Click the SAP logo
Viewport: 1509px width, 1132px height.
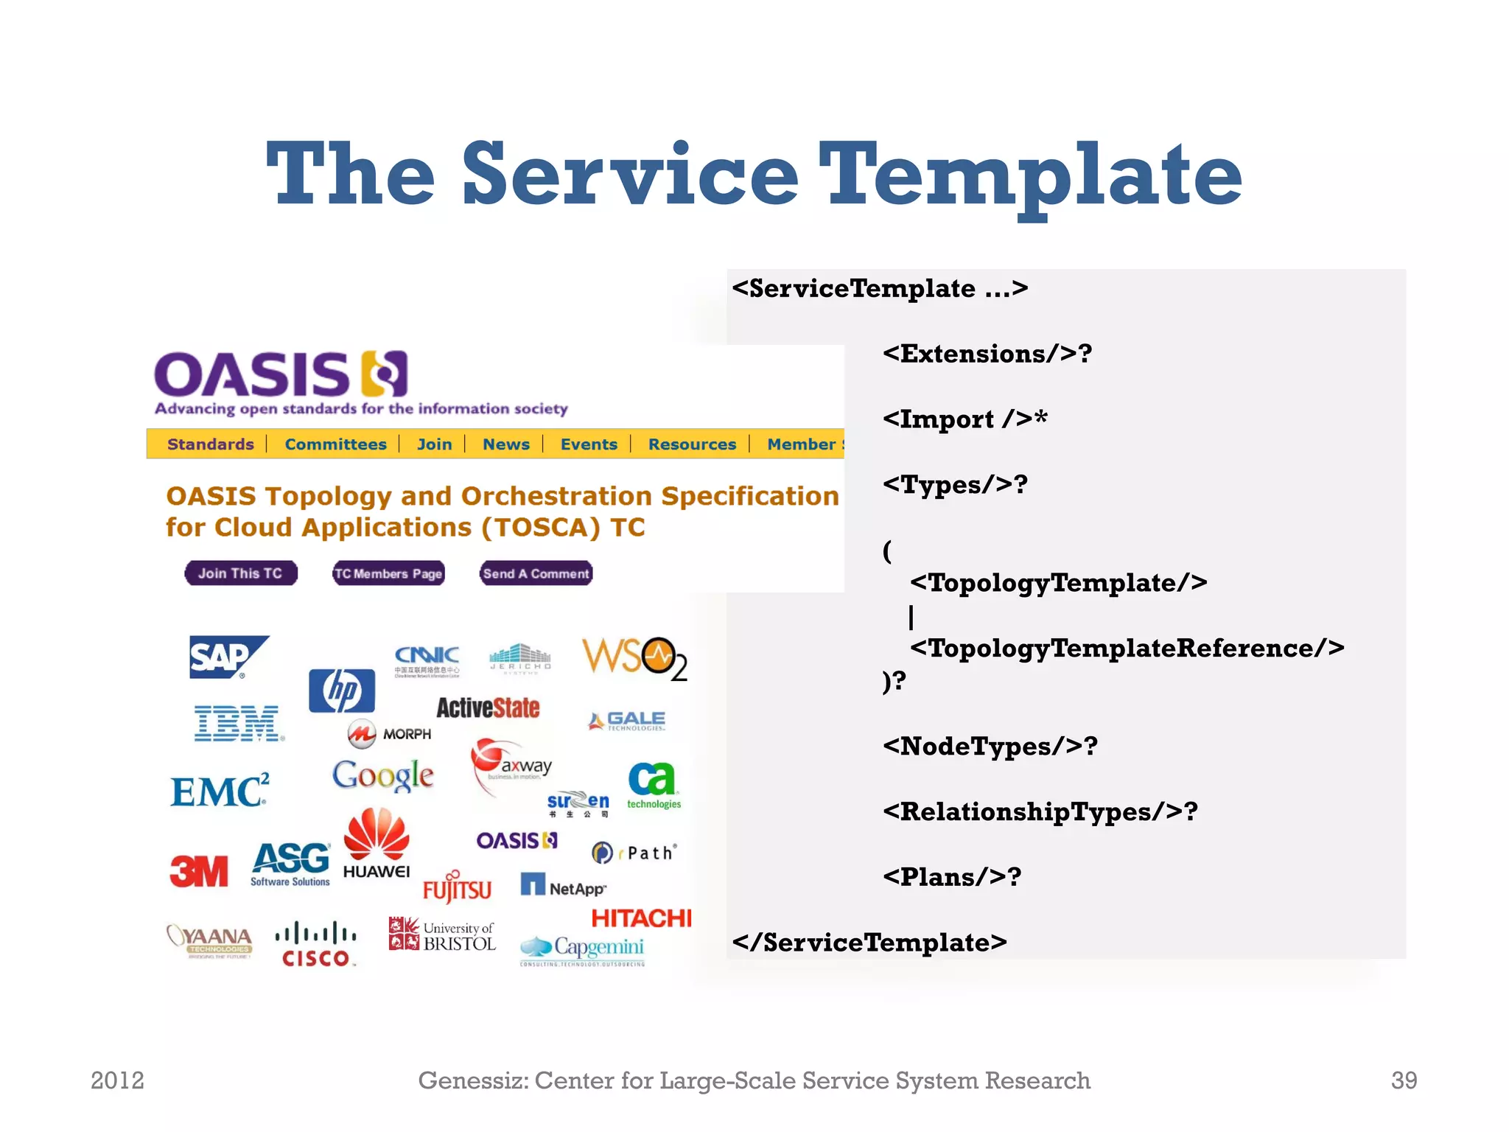click(x=228, y=656)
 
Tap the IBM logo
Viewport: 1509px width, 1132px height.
click(x=237, y=722)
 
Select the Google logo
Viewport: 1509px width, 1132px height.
click(x=382, y=775)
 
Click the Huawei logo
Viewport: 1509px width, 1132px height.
click(x=377, y=843)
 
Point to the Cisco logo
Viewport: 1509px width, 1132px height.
click(x=316, y=944)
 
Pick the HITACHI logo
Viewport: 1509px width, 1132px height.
click(x=641, y=918)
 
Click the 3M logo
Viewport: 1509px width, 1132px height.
click(x=199, y=872)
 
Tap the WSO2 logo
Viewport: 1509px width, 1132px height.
click(x=634, y=658)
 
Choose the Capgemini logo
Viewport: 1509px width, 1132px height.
click(x=582, y=949)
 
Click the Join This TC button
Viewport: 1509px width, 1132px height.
click(x=241, y=573)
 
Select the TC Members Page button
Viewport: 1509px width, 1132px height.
click(x=388, y=573)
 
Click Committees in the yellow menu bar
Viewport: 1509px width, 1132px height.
click(x=335, y=444)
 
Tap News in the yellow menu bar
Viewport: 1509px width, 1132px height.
click(x=505, y=444)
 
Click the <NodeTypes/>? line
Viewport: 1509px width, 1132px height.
click(x=990, y=747)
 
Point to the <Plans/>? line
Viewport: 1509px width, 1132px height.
click(x=952, y=877)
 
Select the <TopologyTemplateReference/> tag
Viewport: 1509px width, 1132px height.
click(x=1127, y=649)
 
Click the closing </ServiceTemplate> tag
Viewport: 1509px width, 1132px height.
click(x=869, y=943)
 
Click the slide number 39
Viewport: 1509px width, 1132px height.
click(x=1404, y=1080)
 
